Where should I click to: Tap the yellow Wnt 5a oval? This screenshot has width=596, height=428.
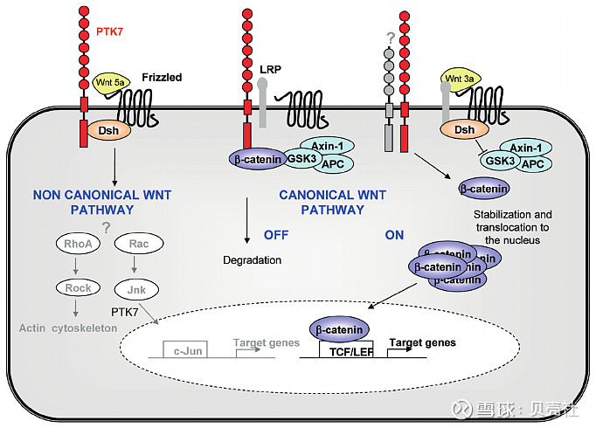point(111,86)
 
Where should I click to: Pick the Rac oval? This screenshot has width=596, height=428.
point(136,245)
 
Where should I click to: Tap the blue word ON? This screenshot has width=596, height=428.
point(396,235)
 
